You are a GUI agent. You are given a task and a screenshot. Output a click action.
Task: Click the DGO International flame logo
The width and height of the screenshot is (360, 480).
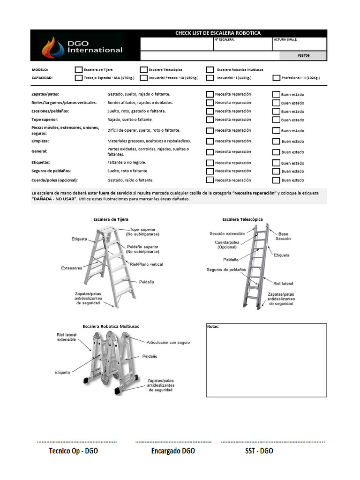click(52, 47)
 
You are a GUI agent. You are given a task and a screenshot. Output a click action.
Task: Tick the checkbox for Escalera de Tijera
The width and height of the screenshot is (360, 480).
click(78, 69)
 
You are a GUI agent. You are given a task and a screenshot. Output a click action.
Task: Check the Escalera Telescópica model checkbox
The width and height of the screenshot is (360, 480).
click(144, 69)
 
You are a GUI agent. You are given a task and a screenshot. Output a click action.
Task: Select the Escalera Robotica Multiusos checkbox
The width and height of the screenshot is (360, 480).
click(210, 69)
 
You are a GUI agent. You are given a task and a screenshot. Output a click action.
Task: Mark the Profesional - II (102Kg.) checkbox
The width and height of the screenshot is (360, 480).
click(277, 78)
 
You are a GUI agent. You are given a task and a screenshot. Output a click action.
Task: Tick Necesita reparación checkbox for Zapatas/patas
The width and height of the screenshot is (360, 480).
click(210, 94)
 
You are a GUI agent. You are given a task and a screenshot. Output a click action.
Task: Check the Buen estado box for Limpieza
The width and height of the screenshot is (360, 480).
click(276, 141)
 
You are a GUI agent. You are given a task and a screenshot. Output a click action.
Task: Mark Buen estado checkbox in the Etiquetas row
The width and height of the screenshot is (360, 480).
click(276, 163)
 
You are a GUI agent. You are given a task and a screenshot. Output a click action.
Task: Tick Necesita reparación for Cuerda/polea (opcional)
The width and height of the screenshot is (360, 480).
click(210, 180)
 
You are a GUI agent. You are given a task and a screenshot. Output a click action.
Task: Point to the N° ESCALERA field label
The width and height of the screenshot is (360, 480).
click(225, 40)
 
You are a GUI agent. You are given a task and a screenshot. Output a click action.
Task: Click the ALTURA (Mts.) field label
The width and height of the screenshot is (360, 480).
click(285, 40)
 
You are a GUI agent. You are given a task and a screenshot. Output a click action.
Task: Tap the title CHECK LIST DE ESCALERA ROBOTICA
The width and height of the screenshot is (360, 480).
click(217, 33)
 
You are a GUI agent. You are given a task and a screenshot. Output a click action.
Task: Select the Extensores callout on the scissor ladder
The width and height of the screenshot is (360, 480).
click(72, 268)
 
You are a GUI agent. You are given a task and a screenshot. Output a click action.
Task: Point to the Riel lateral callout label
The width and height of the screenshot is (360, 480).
click(283, 284)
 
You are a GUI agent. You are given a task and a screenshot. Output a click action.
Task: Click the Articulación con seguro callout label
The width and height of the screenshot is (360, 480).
click(168, 343)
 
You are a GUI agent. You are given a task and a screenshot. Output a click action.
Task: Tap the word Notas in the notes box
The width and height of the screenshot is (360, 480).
click(213, 327)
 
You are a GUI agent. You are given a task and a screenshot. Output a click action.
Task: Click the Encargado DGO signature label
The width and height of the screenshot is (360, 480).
click(173, 451)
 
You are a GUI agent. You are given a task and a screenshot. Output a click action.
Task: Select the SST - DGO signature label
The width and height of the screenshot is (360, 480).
click(259, 451)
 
